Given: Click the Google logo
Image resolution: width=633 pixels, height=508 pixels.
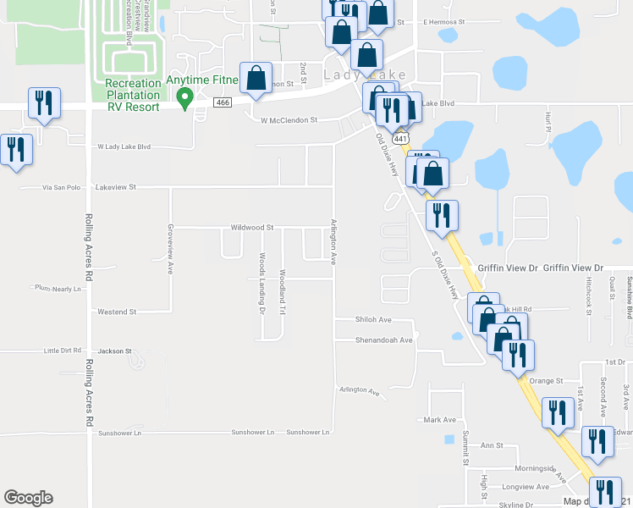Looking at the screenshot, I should click(29, 498).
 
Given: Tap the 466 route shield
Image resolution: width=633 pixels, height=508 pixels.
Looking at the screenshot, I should click(223, 102).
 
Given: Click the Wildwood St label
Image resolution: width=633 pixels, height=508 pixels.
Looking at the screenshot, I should click(252, 228).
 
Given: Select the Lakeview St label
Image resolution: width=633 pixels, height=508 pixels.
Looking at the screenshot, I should click(116, 186).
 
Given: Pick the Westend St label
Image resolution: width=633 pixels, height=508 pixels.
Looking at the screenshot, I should click(118, 312).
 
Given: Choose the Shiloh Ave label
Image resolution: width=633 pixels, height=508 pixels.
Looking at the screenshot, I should click(374, 319).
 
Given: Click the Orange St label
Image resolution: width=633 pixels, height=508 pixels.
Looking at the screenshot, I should click(547, 381).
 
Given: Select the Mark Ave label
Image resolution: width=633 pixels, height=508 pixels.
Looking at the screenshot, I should click(440, 420).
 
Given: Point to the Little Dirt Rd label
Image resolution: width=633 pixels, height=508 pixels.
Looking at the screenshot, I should click(63, 350).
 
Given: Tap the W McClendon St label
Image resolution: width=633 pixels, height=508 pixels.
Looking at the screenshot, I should click(289, 120).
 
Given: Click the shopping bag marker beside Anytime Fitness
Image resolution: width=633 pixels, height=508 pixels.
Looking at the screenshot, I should click(256, 79).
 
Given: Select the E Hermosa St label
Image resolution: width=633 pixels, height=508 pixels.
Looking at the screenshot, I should click(444, 21).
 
